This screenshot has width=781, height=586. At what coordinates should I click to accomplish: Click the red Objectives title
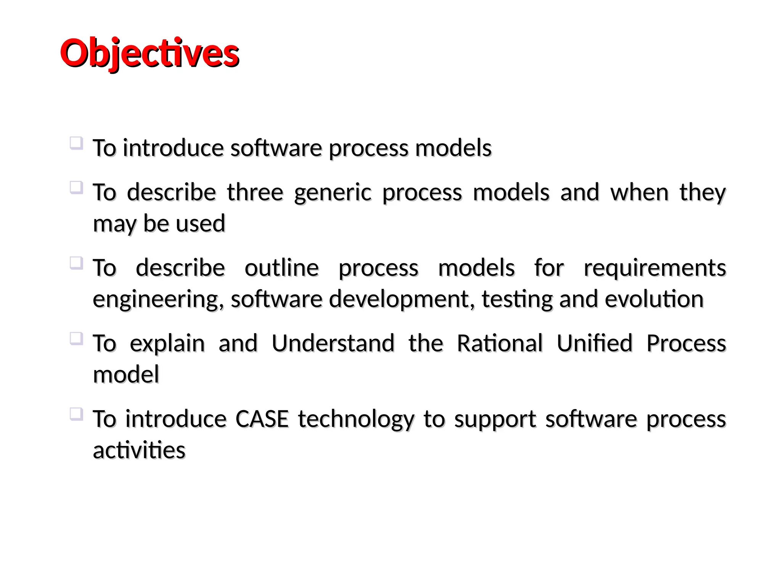click(149, 53)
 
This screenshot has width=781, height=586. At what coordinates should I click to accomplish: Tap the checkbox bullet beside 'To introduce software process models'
click(76, 143)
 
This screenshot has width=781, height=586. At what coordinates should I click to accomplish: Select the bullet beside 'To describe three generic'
click(76, 188)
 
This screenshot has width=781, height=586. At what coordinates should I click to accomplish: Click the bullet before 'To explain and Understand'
click(76, 339)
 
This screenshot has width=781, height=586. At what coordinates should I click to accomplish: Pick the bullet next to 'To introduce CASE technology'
click(76, 414)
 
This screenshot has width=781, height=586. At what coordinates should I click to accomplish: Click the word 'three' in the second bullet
click(255, 192)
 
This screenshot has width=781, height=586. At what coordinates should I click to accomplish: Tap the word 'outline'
click(281, 267)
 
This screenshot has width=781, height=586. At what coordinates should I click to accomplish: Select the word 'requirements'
click(655, 268)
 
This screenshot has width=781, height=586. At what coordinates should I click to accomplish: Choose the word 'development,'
click(402, 299)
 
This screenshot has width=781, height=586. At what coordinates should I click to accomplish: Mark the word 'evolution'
click(654, 299)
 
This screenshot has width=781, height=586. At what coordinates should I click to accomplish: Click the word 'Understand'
click(333, 343)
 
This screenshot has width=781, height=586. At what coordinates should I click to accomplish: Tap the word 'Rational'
click(500, 343)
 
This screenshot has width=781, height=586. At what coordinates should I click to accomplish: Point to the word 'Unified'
click(595, 343)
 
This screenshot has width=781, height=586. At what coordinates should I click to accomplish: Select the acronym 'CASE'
click(262, 419)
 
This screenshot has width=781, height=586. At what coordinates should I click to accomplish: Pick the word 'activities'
click(139, 450)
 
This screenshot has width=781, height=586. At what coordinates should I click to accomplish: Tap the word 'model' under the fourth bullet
click(126, 374)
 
